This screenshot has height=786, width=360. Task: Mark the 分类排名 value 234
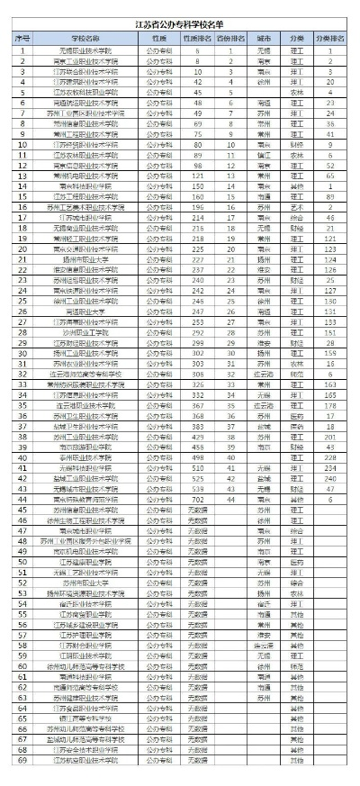330,468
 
